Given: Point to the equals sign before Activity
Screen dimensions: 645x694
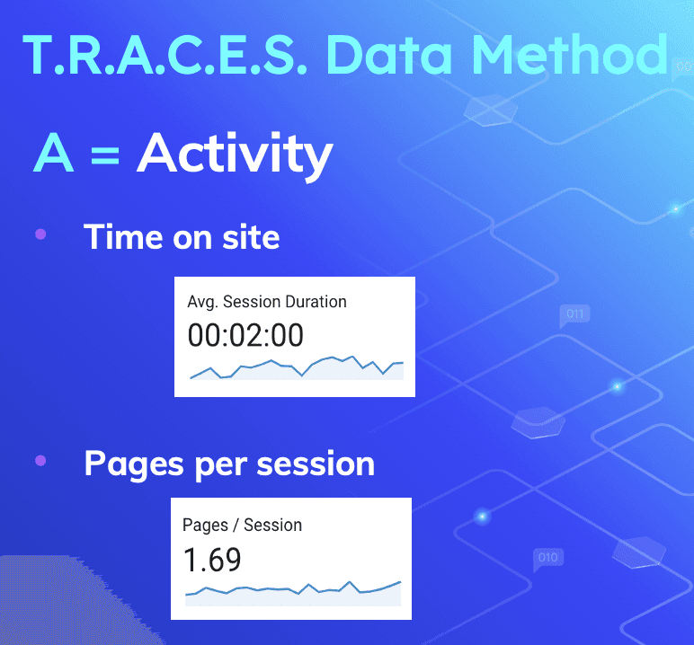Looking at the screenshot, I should pos(104,155).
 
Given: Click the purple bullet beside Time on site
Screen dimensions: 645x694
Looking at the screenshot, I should pos(40,234).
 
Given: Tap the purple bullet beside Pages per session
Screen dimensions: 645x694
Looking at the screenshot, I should pos(40,462).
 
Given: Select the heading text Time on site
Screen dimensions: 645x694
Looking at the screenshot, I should pos(182,236).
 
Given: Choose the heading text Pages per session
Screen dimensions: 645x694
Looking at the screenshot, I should pos(229,464).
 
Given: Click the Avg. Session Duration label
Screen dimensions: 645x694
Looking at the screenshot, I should pos(267,302).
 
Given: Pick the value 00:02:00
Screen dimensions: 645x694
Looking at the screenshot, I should pos(245,335).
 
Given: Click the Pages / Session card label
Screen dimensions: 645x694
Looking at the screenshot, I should pos(242,525).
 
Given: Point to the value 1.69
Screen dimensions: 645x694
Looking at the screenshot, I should pos(212,560).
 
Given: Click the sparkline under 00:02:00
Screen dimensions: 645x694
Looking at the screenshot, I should pos(297,368).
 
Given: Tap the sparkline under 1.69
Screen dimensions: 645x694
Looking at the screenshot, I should pos(292,591).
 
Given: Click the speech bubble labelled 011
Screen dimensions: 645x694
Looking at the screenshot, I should pos(574,315).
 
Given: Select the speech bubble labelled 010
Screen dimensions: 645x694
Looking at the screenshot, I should pos(547,559).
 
